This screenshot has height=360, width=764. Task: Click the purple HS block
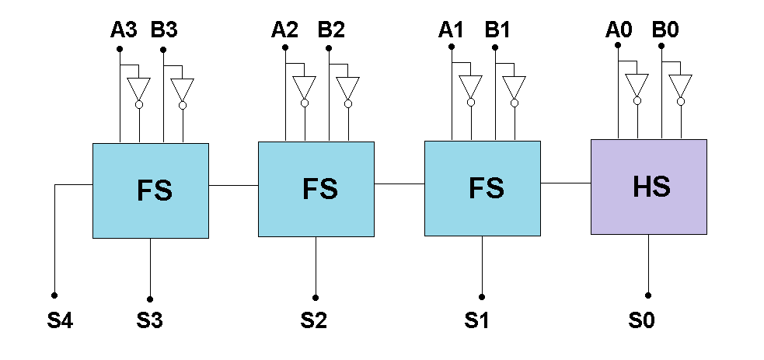tap(648, 187)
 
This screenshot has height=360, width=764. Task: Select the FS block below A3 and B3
tap(150, 190)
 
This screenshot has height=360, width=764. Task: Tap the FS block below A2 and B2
tap(316, 189)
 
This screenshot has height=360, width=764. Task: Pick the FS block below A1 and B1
tap(482, 188)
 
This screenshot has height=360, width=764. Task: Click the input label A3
tap(123, 30)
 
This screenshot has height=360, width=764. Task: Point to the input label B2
tap(331, 30)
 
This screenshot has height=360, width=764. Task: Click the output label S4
tap(60, 320)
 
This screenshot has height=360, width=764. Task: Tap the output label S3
tap(150, 320)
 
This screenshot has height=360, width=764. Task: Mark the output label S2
tap(315, 320)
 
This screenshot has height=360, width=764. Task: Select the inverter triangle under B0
tap(681, 85)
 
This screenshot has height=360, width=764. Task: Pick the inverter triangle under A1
tap(470, 86)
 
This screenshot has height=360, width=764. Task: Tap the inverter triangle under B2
tap(348, 87)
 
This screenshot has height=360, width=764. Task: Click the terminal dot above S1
tap(482, 296)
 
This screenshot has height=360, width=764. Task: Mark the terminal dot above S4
tap(54, 295)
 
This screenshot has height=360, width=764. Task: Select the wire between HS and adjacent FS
tap(565, 183)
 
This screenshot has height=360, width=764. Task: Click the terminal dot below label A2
tap(285, 47)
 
